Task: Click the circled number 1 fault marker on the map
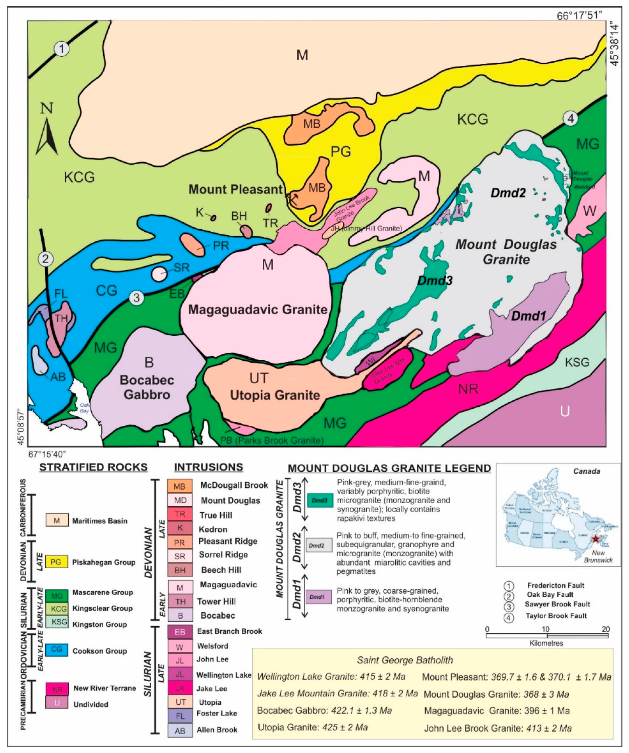tap(62, 49)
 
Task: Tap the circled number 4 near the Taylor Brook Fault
tap(570, 119)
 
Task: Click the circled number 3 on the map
tap(137, 298)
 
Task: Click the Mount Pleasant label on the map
tap(236, 189)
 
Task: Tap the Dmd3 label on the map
tap(435, 280)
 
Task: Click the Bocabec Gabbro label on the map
tap(147, 387)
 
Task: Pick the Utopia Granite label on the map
tap(275, 395)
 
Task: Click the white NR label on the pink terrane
tap(468, 389)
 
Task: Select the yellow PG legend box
tap(57, 562)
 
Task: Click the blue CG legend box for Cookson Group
tap(57, 649)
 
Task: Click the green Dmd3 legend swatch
tap(319, 501)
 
